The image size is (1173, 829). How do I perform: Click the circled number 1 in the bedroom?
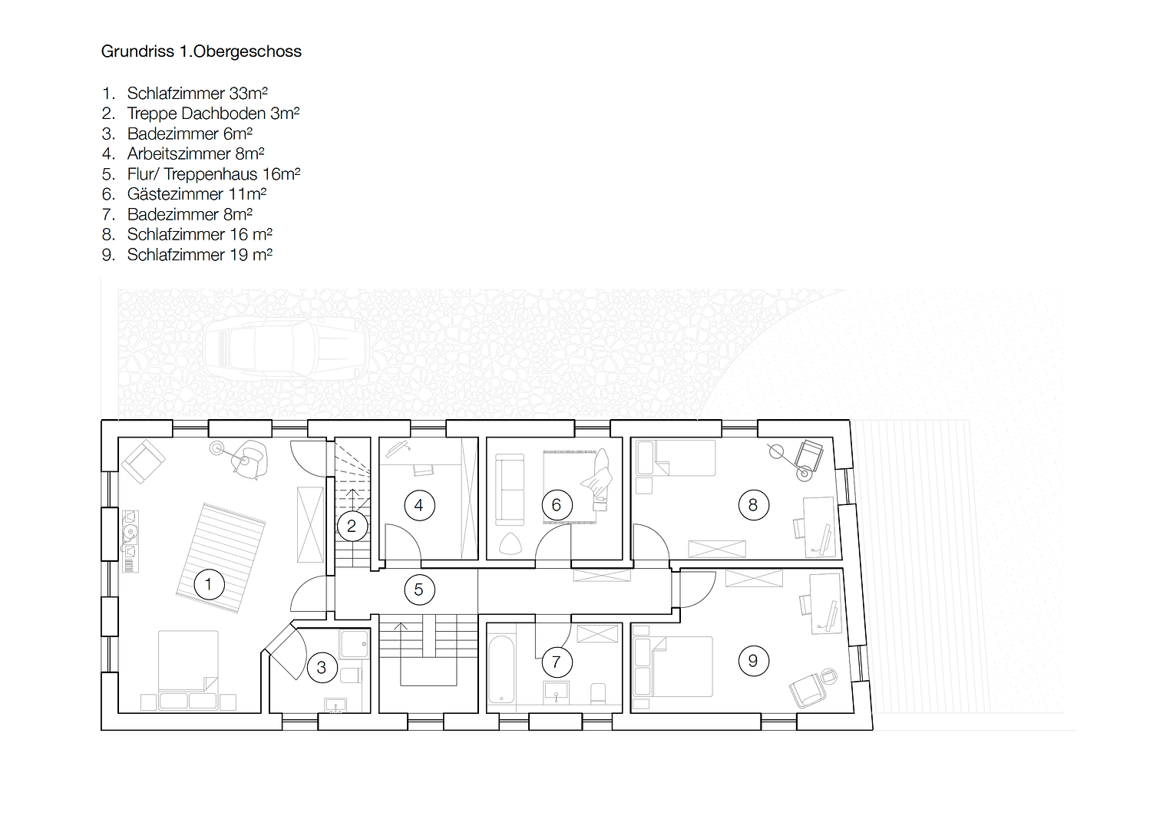click(x=208, y=584)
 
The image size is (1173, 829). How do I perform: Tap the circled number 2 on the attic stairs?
click(x=352, y=527)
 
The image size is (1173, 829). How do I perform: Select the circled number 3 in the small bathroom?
click(x=322, y=668)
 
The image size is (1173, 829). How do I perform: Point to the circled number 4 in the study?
click(x=419, y=505)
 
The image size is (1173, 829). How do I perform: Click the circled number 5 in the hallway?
click(x=419, y=590)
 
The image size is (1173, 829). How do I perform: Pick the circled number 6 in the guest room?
click(x=557, y=505)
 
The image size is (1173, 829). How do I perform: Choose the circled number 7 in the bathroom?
click(x=557, y=661)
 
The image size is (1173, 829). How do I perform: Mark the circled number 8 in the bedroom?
click(x=753, y=505)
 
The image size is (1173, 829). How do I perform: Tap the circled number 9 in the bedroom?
click(x=753, y=661)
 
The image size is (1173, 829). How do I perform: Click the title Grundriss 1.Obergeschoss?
click(x=201, y=51)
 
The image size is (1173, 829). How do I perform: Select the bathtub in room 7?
click(x=501, y=669)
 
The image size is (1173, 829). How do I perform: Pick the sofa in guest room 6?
click(x=510, y=488)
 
